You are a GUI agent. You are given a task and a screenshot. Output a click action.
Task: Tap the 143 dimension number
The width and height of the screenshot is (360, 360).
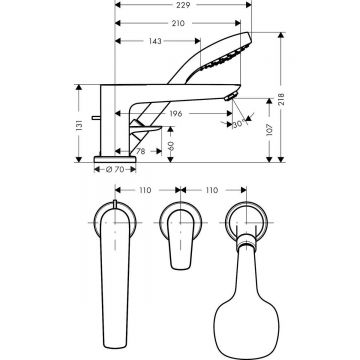155,41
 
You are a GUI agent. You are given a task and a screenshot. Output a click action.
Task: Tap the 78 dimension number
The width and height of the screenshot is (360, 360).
142,150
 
